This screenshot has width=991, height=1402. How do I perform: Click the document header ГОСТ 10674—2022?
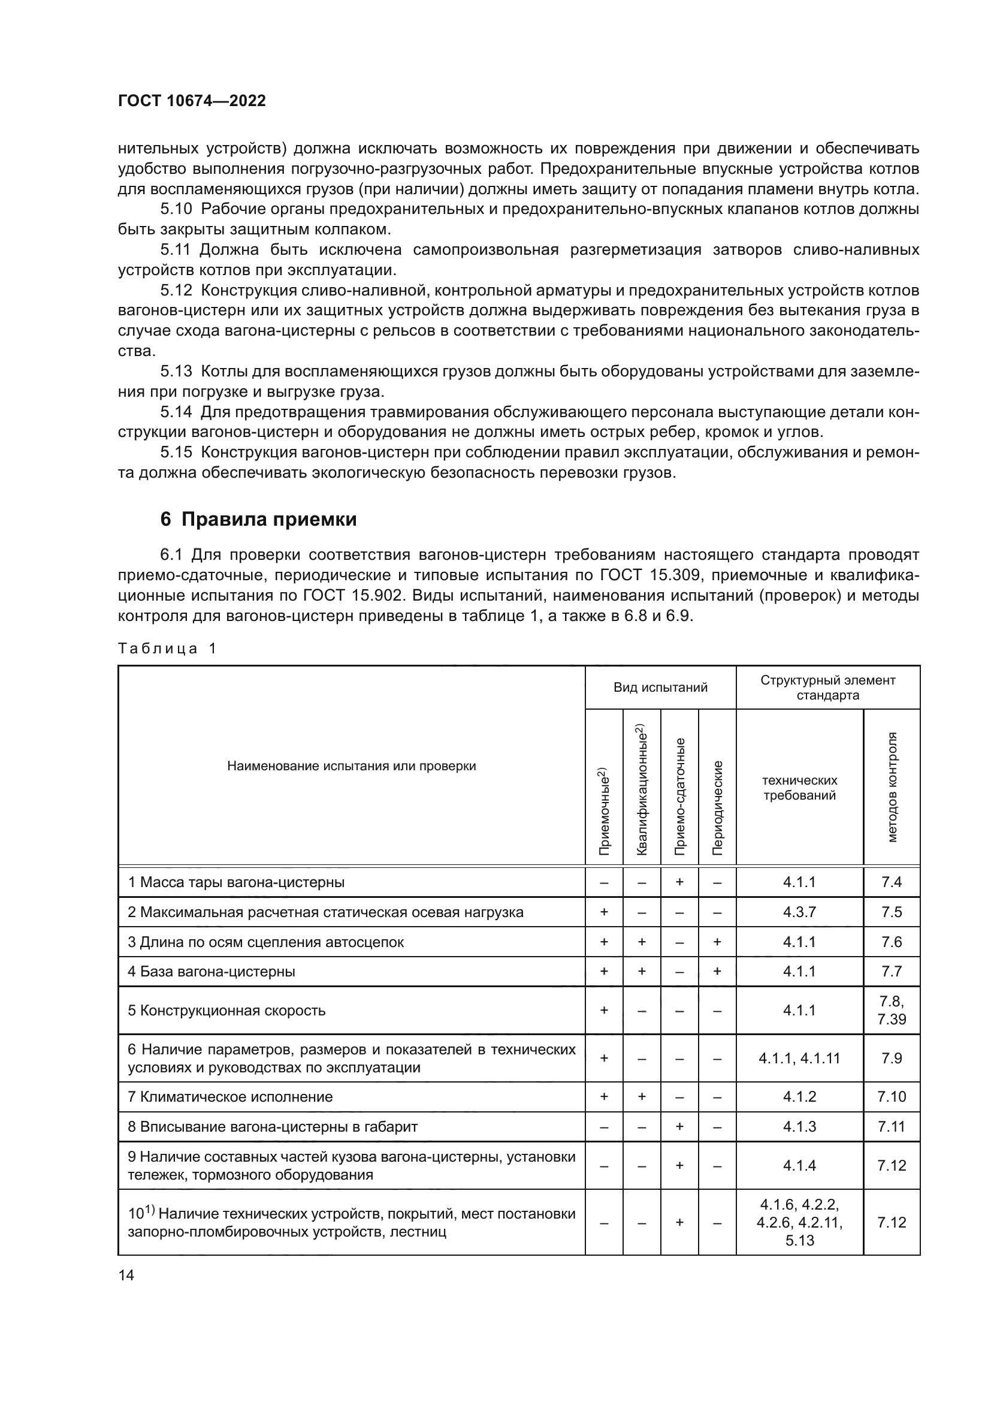(x=192, y=101)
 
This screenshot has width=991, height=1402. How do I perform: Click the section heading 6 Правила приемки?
(x=258, y=520)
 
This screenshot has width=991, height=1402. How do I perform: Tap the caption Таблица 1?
(x=167, y=649)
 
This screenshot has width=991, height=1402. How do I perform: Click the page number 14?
(x=126, y=1275)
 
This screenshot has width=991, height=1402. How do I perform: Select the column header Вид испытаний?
(x=660, y=688)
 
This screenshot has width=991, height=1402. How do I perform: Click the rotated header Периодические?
(x=718, y=807)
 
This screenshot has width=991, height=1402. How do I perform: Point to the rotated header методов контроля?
(x=892, y=787)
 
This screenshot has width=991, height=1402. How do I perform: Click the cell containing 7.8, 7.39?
(x=892, y=1011)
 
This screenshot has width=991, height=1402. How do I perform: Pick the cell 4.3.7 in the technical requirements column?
(x=799, y=912)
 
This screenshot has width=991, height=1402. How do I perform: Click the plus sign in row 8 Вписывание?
(x=679, y=1127)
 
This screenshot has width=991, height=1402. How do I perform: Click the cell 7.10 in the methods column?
(x=892, y=1097)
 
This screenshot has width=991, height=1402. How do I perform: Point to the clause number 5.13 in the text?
(x=176, y=371)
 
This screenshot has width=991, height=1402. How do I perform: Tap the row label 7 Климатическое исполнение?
(x=230, y=1097)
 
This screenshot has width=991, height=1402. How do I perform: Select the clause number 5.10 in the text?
(x=176, y=209)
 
